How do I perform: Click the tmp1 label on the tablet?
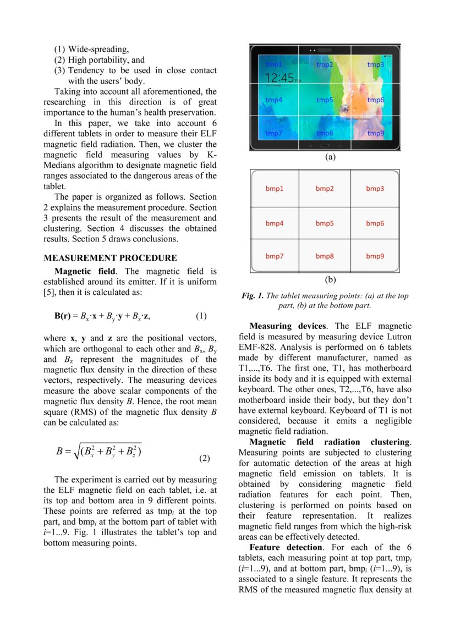click(x=273, y=64)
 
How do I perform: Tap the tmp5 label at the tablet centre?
click(x=325, y=100)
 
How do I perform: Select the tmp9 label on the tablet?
click(x=376, y=133)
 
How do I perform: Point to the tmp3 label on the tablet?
click(x=376, y=64)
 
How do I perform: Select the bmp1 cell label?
click(x=275, y=189)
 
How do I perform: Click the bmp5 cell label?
click(x=325, y=223)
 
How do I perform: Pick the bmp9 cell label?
click(x=375, y=256)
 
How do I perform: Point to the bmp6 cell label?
click(x=375, y=223)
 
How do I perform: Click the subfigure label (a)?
click(x=330, y=157)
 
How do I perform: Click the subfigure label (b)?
click(x=330, y=279)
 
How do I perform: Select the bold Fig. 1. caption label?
click(x=253, y=296)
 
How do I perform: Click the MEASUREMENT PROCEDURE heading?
click(x=110, y=258)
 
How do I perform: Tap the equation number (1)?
click(x=201, y=316)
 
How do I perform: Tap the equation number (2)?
click(x=204, y=458)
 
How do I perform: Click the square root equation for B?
click(x=100, y=452)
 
